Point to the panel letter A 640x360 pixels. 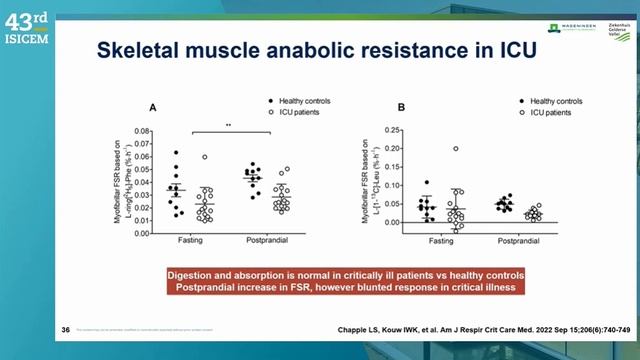[x=152, y=107]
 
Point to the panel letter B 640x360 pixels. [x=401, y=107]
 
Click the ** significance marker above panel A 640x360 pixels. [x=229, y=126]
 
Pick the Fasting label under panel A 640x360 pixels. [x=191, y=241]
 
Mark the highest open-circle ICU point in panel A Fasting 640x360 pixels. [x=205, y=157]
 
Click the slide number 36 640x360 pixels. [x=66, y=329]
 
